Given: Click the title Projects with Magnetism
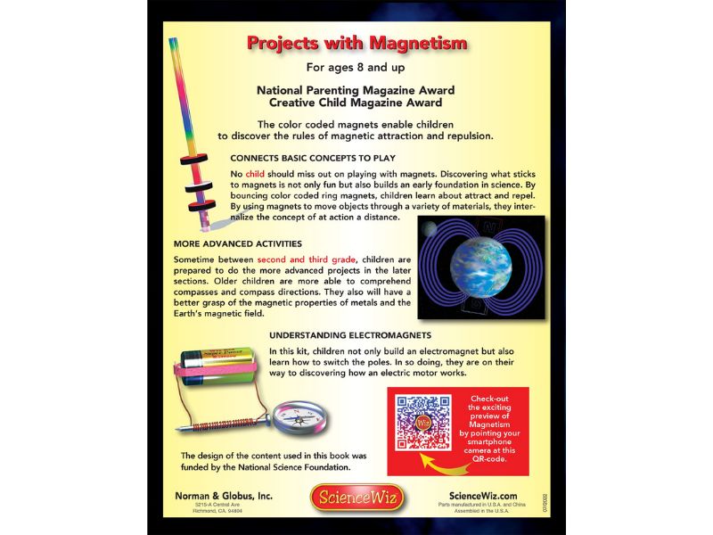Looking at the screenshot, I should pos(356,44).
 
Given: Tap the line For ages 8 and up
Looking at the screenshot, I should pos(356,67).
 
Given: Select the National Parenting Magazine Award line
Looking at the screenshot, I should pos(356,90).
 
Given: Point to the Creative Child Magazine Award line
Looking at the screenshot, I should pos(356,103).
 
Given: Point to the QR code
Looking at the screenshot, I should pos(423,422).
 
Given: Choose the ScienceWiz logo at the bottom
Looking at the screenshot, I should pos(356,496).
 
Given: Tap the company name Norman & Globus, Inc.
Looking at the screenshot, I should pos(224,496).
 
